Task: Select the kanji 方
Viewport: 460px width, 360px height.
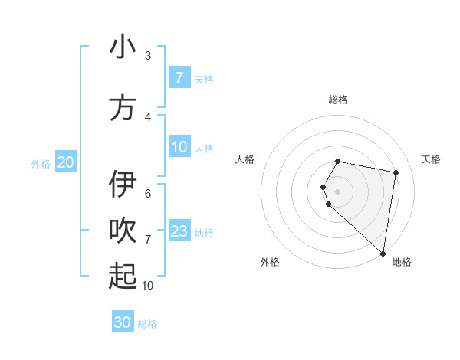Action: click(x=123, y=107)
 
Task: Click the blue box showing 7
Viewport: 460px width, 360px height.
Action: click(x=179, y=78)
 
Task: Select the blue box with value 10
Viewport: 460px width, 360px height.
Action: click(x=179, y=147)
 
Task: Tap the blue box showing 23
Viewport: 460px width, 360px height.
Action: click(x=179, y=231)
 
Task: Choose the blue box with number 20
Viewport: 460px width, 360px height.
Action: click(x=66, y=162)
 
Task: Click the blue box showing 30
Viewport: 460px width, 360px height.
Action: click(x=123, y=322)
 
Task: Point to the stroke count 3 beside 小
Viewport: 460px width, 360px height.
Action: click(x=148, y=56)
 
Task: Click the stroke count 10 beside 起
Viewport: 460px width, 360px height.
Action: click(x=147, y=285)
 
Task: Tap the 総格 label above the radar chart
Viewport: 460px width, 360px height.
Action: click(x=338, y=100)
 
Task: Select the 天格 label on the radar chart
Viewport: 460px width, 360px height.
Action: click(x=432, y=159)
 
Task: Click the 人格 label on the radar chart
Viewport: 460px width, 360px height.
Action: click(x=245, y=159)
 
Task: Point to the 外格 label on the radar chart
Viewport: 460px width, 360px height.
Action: click(x=270, y=262)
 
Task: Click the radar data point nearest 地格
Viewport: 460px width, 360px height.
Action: click(x=383, y=254)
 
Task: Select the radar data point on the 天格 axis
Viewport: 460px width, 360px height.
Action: click(x=396, y=172)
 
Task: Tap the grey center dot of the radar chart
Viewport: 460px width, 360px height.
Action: click(x=338, y=191)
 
